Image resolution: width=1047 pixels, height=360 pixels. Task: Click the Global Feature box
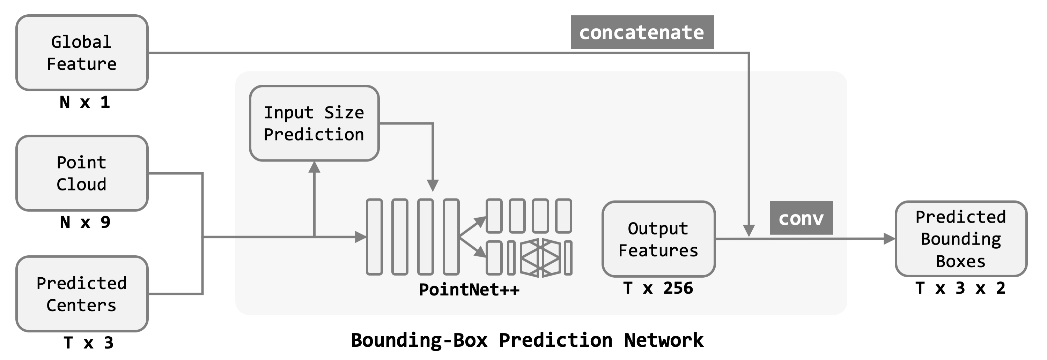[x=82, y=53]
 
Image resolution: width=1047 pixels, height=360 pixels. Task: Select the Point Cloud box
[x=82, y=173]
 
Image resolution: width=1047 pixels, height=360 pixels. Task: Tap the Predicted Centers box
[x=82, y=294]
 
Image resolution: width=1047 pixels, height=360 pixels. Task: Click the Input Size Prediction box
[x=314, y=123]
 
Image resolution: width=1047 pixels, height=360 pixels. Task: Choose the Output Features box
[x=658, y=239]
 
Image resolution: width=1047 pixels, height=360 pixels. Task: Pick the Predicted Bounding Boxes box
[x=961, y=239]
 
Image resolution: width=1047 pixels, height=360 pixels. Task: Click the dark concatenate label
[x=642, y=32]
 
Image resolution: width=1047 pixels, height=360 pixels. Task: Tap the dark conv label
[x=801, y=218]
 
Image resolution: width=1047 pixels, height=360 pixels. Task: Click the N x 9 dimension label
[x=84, y=223]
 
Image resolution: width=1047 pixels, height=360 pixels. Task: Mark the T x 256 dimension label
[x=658, y=288]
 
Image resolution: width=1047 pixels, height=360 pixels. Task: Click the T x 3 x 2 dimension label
[x=960, y=288]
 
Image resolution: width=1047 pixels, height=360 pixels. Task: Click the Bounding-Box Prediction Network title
[x=527, y=340]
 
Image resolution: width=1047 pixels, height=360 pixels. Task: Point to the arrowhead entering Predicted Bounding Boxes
[x=889, y=239]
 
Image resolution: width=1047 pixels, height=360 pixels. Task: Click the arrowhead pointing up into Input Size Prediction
[x=314, y=167]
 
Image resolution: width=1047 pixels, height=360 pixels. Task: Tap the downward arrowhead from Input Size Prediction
[x=433, y=186]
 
